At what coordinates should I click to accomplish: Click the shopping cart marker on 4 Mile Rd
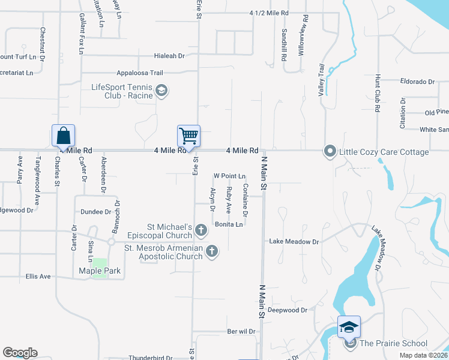tap(188, 136)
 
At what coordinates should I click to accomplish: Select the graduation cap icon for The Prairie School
tap(349, 326)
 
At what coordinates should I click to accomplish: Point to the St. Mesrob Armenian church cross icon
tap(211, 251)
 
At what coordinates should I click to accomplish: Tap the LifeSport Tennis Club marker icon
tap(161, 91)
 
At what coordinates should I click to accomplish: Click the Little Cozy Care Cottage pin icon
tap(330, 151)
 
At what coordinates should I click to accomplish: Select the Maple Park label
tap(100, 271)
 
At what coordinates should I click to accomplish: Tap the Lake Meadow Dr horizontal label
tap(294, 242)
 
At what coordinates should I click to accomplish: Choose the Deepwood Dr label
tap(288, 310)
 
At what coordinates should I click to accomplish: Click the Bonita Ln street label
tap(229, 224)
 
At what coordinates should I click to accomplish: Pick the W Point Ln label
tap(230, 176)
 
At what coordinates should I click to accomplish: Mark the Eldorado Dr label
tap(417, 82)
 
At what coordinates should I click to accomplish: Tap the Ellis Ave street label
tap(38, 277)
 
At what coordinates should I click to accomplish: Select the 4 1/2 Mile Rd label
tap(269, 13)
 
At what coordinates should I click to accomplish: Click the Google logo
tap(20, 353)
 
